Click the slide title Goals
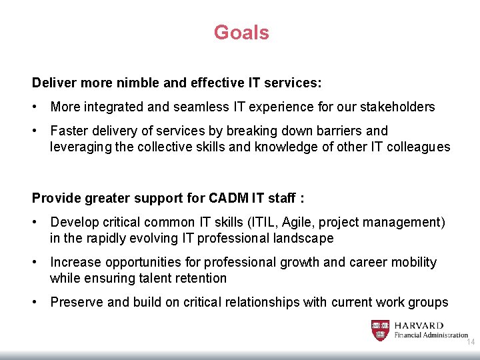click(241, 33)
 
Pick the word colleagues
click(413, 147)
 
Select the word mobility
click(413, 262)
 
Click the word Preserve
click(76, 302)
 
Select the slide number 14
click(470, 341)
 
